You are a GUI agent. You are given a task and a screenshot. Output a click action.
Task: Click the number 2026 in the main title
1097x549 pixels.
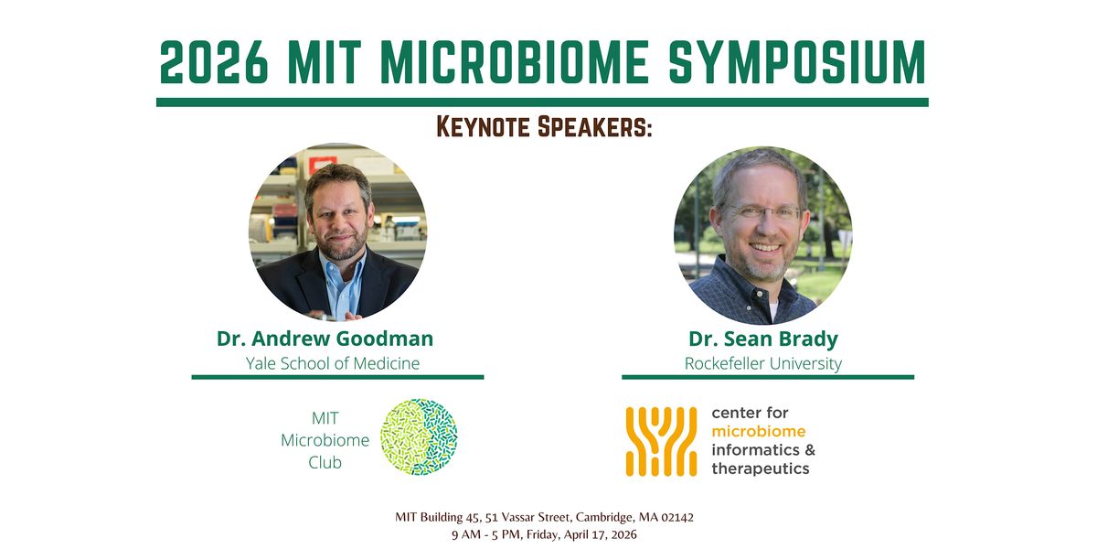tap(214, 62)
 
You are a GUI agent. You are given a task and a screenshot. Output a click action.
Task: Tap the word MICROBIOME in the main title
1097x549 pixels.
tap(515, 62)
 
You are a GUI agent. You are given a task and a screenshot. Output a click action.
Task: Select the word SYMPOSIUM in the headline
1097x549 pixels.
tap(797, 62)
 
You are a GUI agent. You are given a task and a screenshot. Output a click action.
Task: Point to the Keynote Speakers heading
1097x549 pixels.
tap(544, 127)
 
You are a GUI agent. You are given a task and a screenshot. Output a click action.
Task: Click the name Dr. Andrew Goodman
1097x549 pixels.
tap(325, 339)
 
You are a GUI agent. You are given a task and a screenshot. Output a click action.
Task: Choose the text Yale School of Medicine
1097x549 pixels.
tap(333, 363)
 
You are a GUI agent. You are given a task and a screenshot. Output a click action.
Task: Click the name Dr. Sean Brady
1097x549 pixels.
tap(763, 339)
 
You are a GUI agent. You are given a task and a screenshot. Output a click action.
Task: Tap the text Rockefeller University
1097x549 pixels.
tap(763, 363)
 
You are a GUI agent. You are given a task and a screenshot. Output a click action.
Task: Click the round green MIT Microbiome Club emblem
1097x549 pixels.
tap(419, 436)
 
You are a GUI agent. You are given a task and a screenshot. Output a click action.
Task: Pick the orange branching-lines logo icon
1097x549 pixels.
tap(661, 441)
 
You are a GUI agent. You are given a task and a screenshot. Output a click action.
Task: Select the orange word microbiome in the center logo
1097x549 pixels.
tap(759, 431)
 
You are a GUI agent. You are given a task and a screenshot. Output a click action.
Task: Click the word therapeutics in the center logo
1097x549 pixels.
tap(761, 469)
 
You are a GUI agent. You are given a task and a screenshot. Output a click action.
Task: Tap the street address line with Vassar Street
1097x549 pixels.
tap(544, 517)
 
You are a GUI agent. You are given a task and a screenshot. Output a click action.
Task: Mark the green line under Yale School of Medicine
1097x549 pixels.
tap(338, 377)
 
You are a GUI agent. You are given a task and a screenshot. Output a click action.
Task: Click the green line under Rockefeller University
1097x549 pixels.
tap(768, 377)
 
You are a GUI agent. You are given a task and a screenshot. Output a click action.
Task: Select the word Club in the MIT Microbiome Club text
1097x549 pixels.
tap(325, 462)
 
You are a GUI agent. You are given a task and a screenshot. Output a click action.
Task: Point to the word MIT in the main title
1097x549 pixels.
tap(325, 62)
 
